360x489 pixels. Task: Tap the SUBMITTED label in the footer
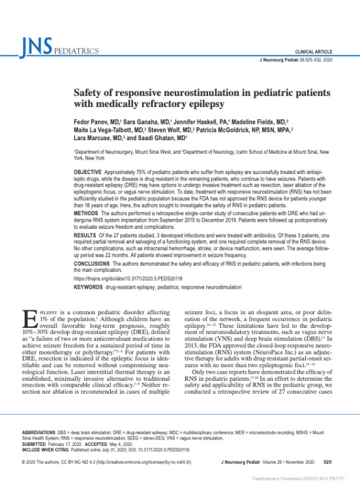37,444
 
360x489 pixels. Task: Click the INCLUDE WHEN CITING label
47,449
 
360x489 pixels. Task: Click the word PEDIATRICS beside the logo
76,50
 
